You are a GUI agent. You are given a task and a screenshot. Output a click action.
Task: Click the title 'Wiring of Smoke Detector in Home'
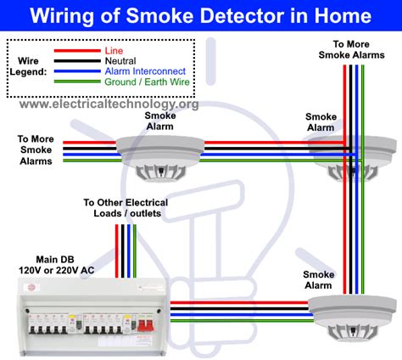click(x=201, y=15)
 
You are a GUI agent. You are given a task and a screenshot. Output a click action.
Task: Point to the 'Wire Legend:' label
click(x=33, y=67)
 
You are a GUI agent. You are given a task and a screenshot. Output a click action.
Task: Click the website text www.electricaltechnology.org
click(x=108, y=104)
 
